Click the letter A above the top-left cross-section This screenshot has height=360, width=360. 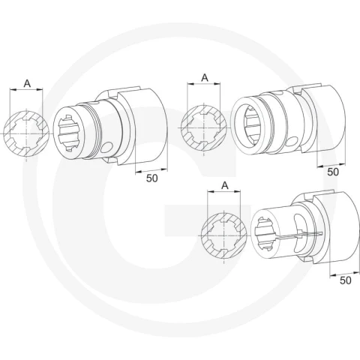click(x=27, y=83)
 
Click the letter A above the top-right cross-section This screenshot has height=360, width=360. click(x=205, y=78)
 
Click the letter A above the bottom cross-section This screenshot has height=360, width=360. click(x=225, y=185)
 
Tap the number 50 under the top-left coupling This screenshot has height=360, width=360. click(x=152, y=178)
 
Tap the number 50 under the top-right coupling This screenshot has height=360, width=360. click(x=333, y=172)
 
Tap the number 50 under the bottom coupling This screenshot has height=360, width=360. click(x=346, y=280)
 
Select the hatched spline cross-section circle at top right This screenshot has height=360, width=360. click(x=204, y=127)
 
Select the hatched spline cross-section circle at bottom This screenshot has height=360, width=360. click(x=224, y=235)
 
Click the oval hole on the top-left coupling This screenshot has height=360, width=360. click(x=106, y=147)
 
